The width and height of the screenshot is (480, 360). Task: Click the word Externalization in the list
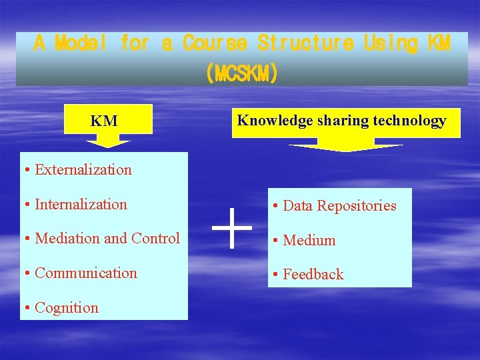coord(83,169)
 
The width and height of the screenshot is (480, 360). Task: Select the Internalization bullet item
coord(81,204)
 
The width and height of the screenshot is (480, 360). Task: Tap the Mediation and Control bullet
coord(107,238)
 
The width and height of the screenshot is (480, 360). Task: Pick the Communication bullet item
coord(85,273)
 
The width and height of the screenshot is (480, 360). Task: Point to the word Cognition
coord(66,307)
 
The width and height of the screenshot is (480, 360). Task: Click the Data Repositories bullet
coord(339,205)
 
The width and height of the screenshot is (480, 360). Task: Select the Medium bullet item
coord(309,240)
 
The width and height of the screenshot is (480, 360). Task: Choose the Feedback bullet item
coord(313,274)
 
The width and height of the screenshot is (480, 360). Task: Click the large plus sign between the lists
coord(231,227)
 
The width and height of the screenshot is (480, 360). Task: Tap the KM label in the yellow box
coord(104,121)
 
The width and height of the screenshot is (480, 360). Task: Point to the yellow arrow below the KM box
coord(108,141)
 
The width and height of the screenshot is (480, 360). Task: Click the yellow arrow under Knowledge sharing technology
coord(345,146)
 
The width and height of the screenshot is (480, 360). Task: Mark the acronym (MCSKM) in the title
coord(241,73)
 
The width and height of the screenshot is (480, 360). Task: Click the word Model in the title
coord(79,44)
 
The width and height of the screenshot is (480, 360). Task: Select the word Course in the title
coord(215,44)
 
